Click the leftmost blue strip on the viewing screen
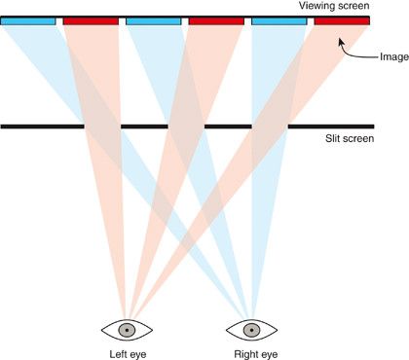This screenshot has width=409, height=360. click(27, 20)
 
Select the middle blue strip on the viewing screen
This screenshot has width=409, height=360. click(153, 20)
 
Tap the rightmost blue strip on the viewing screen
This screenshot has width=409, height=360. click(279, 20)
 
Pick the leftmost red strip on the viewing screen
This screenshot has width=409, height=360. click(91, 20)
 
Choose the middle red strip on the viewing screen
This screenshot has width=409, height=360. click(216, 20)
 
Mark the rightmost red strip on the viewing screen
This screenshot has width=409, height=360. click(342, 20)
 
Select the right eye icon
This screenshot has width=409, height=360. click(251, 328)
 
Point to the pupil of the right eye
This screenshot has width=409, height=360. click(251, 328)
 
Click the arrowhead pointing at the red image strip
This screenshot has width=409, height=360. click(341, 40)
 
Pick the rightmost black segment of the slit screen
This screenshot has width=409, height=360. click(331, 126)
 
